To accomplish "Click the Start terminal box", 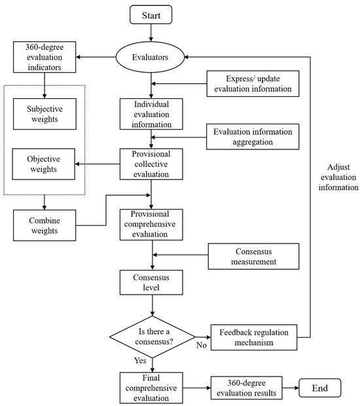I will pyautogui.click(x=151, y=13).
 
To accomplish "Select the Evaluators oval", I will pyautogui.click(x=151, y=57).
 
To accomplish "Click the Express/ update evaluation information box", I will pyautogui.click(x=254, y=84).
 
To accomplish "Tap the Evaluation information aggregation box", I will pyautogui.click(x=253, y=137).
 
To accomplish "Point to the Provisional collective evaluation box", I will pyautogui.click(x=151, y=164).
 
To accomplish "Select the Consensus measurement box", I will pyautogui.click(x=253, y=257).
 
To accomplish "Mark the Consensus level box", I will pyautogui.click(x=151, y=283).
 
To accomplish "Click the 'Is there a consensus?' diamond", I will pyautogui.click(x=151, y=337).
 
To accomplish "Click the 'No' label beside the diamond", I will pyautogui.click(x=201, y=344).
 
